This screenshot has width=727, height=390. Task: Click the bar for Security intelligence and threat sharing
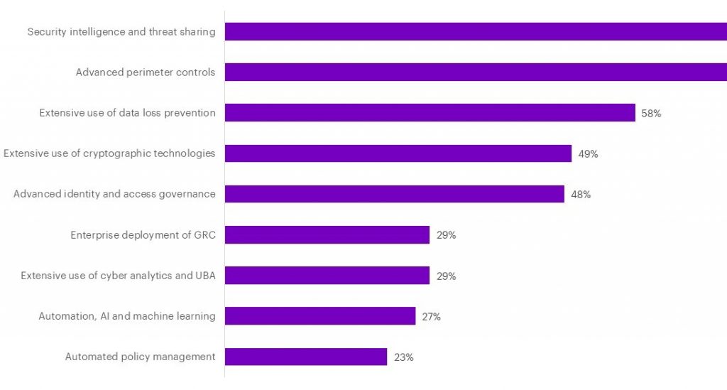[x=476, y=31]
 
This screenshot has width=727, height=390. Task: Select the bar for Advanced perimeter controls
[x=476, y=72]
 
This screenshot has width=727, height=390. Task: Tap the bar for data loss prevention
[x=430, y=112]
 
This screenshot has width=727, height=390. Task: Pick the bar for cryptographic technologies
[x=398, y=153]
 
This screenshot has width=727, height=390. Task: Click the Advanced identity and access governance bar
[x=395, y=194]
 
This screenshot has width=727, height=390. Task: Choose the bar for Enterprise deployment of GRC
[x=327, y=235]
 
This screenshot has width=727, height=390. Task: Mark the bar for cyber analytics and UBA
[x=327, y=276]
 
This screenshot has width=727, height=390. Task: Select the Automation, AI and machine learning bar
[x=320, y=316]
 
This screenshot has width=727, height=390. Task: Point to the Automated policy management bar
[x=306, y=357]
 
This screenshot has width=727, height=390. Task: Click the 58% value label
[x=651, y=113]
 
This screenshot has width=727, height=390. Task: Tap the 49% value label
[x=588, y=153]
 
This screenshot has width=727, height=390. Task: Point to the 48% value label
[x=581, y=195]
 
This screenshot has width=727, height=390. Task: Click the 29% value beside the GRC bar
[x=446, y=235]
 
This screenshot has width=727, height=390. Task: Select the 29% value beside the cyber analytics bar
[x=446, y=276]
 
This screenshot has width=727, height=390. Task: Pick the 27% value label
[x=431, y=317]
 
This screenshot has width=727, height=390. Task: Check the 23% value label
[x=403, y=357]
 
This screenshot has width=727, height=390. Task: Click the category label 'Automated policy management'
[x=140, y=357]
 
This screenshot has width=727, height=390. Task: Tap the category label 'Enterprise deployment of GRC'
[x=143, y=234]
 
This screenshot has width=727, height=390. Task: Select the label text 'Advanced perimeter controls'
[x=146, y=72]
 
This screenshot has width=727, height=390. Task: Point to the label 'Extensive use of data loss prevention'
[x=127, y=112]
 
